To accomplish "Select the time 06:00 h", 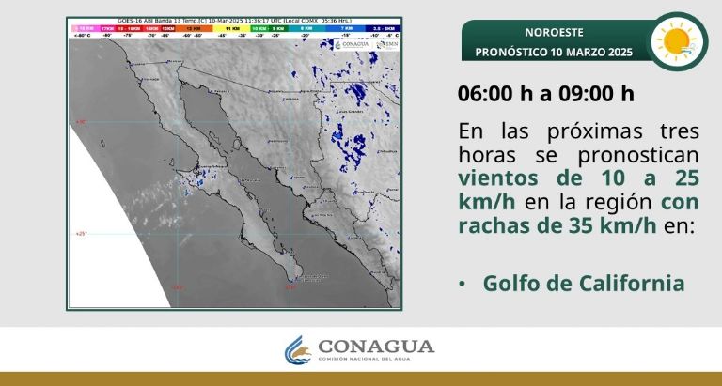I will point(494,94).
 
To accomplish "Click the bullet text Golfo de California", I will point(583,283).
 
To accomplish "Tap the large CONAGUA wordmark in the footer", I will point(376,347).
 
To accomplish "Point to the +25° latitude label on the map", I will point(81,233).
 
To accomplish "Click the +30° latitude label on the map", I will point(81,121).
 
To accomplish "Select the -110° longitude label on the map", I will point(290,288).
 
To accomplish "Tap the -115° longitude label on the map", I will point(177,288).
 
